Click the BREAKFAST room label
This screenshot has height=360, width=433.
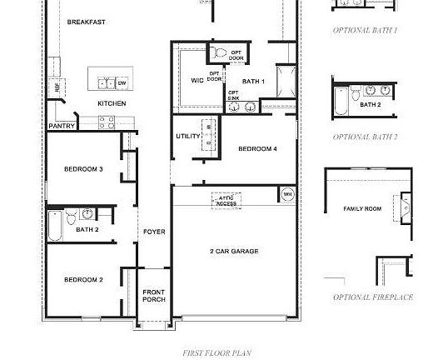pyautogui.click(x=86, y=22)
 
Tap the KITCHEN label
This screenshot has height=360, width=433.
pyautogui.click(x=112, y=103)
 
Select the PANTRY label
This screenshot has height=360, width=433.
pyautogui.click(x=62, y=126)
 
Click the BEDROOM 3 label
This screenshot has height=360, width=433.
pyautogui.click(x=83, y=169)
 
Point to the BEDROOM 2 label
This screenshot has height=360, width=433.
pyautogui.click(x=83, y=279)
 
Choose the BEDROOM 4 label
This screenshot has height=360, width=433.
pyautogui.click(x=257, y=148)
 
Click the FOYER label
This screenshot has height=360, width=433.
pyautogui.click(x=154, y=231)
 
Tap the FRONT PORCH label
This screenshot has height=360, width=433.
pyautogui.click(x=153, y=296)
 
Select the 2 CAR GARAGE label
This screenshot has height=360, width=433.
pyautogui.click(x=233, y=251)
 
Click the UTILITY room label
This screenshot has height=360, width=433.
pyautogui.click(x=187, y=136)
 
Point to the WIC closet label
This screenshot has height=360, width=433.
pyautogui.click(x=197, y=80)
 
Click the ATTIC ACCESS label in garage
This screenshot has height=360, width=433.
pyautogui.click(x=226, y=201)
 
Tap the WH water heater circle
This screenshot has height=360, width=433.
pyautogui.click(x=287, y=194)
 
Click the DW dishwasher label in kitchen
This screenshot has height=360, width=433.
pyautogui.click(x=122, y=83)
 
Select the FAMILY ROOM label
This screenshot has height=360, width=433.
pyautogui.click(x=362, y=208)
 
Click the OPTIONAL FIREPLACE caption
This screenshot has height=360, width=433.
pyautogui.click(x=372, y=297)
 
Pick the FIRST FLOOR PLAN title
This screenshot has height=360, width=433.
pyautogui.click(x=211, y=352)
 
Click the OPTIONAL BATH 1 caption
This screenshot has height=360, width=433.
pyautogui.click(x=365, y=29)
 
